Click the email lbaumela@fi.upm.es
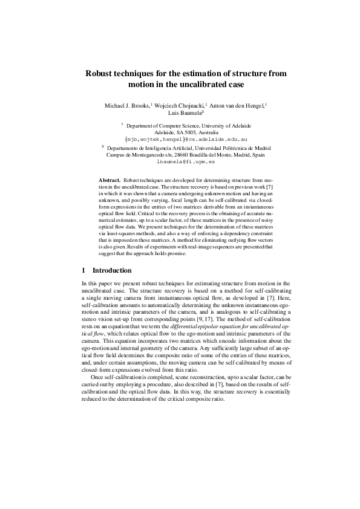pos(181,162)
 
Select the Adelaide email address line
pos(181,138)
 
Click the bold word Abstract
pos(109,181)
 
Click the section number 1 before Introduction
pos(83,269)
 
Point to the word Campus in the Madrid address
pos(117,154)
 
